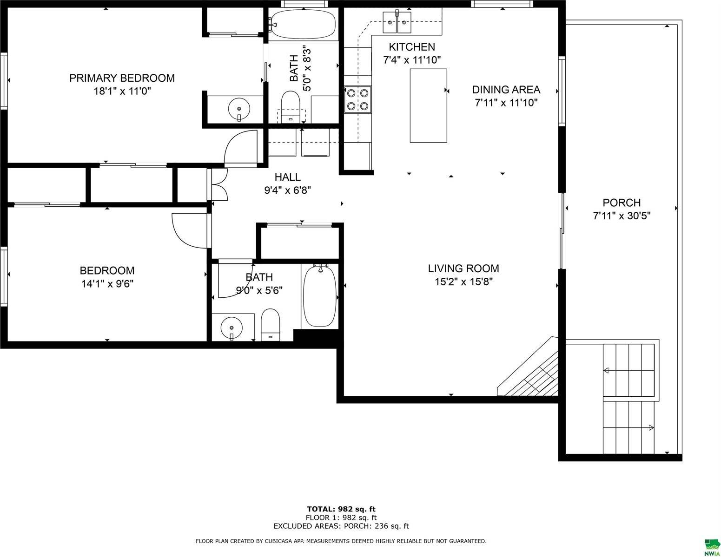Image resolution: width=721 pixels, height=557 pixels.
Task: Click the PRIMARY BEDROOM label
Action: click(x=122, y=78)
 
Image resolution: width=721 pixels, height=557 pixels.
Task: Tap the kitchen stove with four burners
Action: click(x=357, y=99)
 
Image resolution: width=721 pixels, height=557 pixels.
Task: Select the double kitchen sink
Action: click(x=397, y=22)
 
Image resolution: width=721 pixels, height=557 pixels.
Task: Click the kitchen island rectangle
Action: click(x=428, y=105)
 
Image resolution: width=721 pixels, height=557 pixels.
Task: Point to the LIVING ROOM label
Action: click(x=463, y=268)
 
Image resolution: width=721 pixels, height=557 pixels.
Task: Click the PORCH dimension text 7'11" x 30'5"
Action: click(x=622, y=216)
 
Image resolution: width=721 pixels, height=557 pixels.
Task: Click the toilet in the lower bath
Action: click(x=271, y=325)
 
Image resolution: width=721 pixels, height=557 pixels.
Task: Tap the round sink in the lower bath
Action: click(x=231, y=328)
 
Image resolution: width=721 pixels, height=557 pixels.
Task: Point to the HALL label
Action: click(x=287, y=177)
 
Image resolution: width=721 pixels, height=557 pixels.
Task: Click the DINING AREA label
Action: click(x=506, y=90)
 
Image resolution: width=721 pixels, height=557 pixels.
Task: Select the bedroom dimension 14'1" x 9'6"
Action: click(x=107, y=284)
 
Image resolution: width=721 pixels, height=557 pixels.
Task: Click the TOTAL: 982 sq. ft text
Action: click(x=341, y=509)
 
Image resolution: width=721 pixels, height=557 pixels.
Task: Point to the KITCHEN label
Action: click(x=412, y=47)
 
